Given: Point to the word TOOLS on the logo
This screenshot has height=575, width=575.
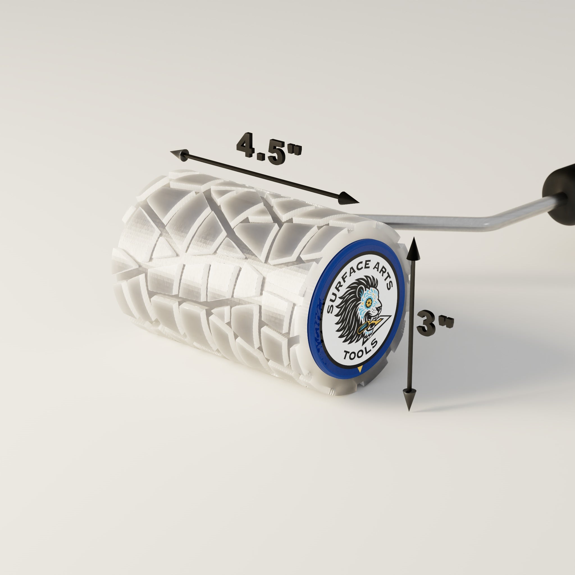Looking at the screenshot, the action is tap(361, 350).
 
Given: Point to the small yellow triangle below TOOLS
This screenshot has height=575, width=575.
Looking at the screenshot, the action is tap(360, 369).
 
